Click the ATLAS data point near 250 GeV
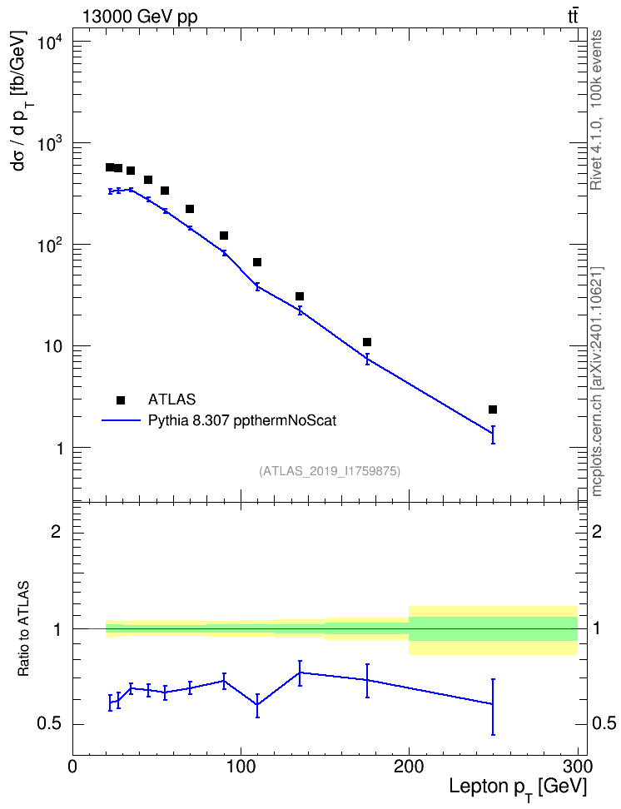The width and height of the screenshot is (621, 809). pos(493,409)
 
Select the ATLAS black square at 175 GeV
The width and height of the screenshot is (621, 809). pos(367,342)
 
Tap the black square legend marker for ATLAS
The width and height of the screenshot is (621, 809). pos(121,400)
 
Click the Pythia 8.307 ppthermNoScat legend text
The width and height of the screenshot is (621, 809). pos(242,420)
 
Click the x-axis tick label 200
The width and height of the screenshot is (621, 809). pos(409,767)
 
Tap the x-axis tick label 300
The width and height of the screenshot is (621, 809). pos(577,767)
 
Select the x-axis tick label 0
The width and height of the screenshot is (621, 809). pos(72,767)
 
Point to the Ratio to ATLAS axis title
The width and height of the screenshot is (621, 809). pos(23,629)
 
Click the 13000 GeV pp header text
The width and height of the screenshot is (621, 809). pos(140,17)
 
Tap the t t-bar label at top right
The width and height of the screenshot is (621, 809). pos(573,16)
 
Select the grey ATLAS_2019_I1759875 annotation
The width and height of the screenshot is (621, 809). pos(330,471)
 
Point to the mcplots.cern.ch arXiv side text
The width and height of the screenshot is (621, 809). pos(596,382)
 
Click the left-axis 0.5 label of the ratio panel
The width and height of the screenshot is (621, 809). pos(49,724)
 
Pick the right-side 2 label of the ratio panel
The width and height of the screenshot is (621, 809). pos(597,531)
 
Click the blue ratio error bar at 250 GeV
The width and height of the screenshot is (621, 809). pos(493,707)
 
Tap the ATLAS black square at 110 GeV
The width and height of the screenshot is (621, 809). pos(257,262)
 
